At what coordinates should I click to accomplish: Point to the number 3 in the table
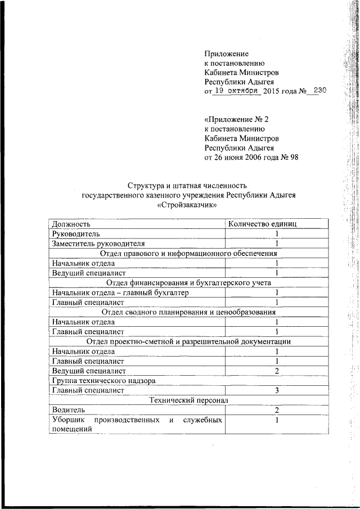pos(277,390)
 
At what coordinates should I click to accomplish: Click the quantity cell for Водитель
pos(277,411)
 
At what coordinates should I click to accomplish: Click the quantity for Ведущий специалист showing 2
pos(277,371)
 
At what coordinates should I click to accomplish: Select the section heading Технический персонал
pos(188,400)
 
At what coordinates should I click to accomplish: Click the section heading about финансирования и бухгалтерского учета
pos(188,283)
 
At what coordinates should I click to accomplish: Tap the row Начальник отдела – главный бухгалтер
pos(120,293)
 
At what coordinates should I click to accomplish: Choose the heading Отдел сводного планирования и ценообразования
pos(188,312)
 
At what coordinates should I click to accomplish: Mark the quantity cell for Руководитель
pos(277,233)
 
